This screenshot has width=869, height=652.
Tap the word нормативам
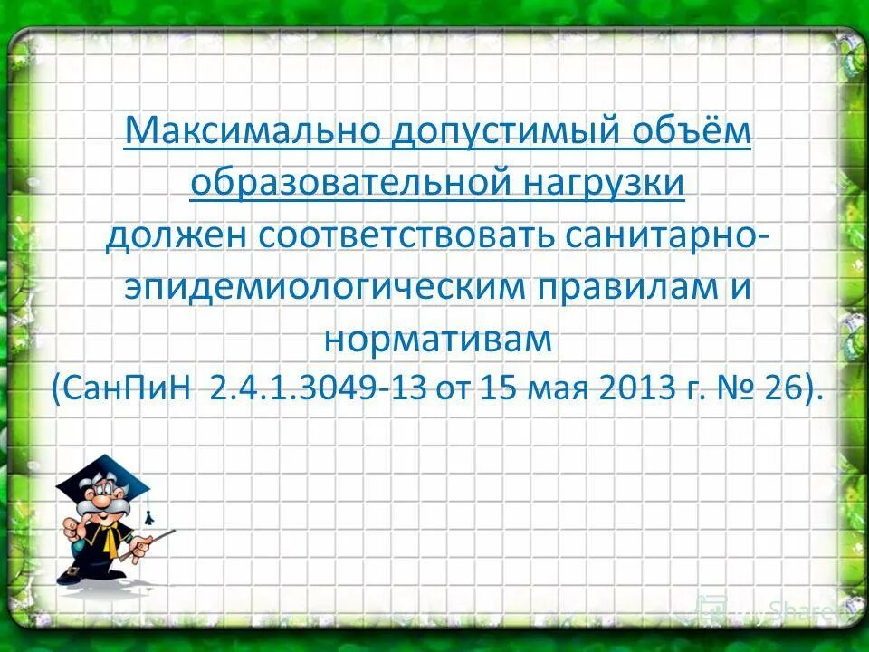click(436, 339)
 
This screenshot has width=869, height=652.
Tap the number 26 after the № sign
click(786, 390)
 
